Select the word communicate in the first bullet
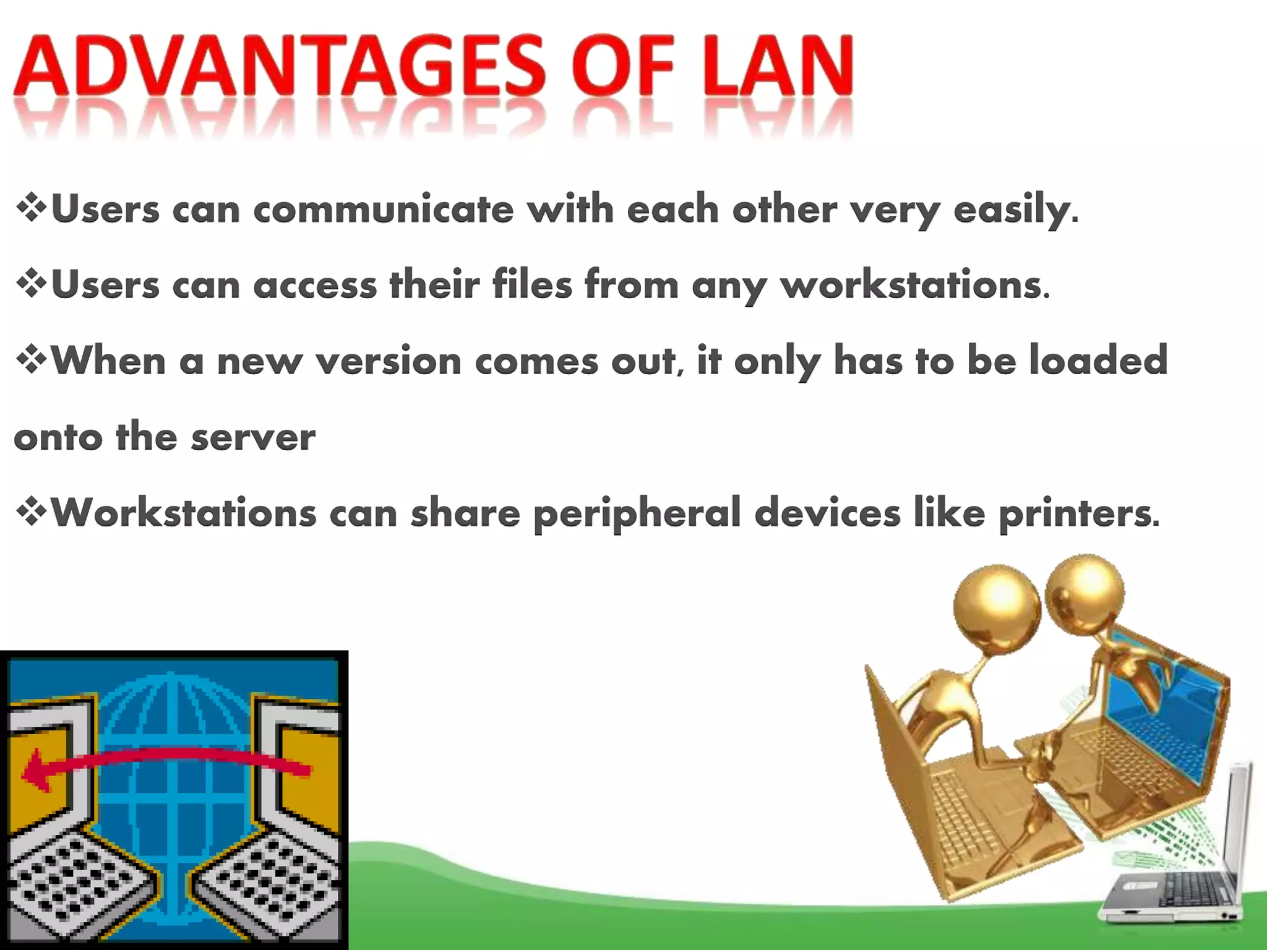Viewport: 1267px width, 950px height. point(383,210)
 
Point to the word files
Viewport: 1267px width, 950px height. point(532,285)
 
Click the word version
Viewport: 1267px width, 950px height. point(389,361)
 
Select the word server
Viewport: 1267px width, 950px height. point(253,437)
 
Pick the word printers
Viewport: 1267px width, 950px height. point(1076,513)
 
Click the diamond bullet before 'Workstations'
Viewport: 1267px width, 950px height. point(31,512)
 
